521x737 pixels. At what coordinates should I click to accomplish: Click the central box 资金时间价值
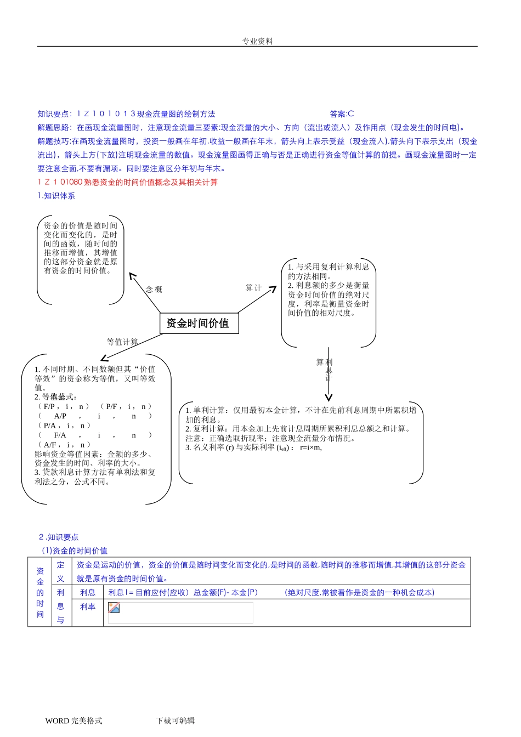[x=199, y=323]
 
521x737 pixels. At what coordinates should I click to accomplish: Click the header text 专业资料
[x=257, y=41]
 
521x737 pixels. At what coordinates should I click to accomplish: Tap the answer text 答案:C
[x=342, y=114]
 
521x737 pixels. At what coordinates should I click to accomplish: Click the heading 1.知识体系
[x=56, y=196]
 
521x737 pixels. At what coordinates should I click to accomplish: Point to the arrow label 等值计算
[x=122, y=342]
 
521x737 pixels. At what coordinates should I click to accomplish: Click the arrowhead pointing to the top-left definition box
[x=131, y=275]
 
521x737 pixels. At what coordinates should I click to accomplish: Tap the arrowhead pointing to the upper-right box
[x=274, y=289]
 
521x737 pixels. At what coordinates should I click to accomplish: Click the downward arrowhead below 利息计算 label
[x=329, y=398]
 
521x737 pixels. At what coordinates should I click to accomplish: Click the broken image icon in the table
[x=114, y=608]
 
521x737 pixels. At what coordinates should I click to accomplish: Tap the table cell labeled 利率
[x=88, y=606]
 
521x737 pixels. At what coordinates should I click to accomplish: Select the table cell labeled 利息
[x=88, y=592]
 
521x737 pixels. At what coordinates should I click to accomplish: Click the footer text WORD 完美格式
[x=73, y=721]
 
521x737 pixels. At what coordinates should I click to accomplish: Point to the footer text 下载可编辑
[x=175, y=721]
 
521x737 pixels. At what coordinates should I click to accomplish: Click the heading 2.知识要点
[x=59, y=537]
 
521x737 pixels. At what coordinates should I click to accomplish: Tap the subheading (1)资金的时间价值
[x=75, y=551]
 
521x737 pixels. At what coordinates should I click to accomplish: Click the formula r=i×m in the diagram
[x=311, y=447]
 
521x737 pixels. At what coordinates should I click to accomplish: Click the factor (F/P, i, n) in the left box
[x=64, y=406]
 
